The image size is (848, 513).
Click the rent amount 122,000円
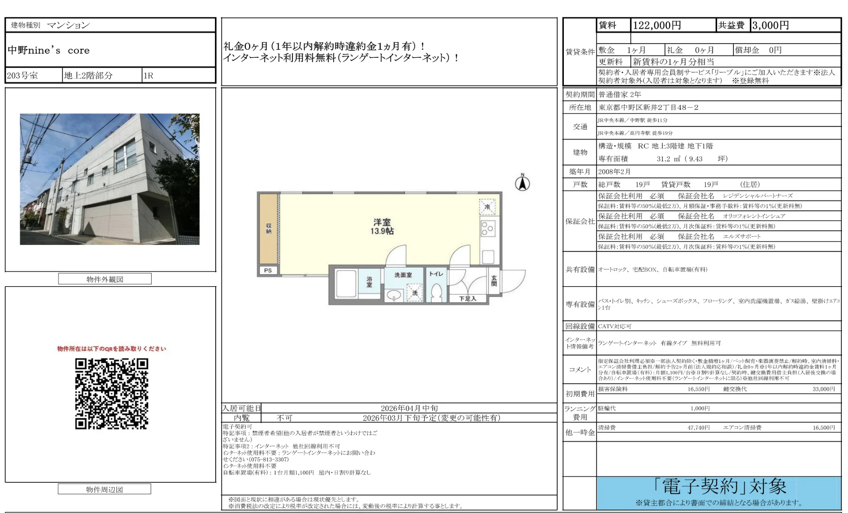(657, 26)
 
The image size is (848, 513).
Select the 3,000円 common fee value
(770, 26)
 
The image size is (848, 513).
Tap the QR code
(111, 394)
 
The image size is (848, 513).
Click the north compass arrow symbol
(522, 183)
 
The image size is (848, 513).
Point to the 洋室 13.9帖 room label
(382, 227)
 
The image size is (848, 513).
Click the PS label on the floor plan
(268, 271)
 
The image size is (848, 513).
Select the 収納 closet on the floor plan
(269, 229)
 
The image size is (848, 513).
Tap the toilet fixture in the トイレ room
(436, 293)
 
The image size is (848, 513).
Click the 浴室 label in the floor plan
(369, 282)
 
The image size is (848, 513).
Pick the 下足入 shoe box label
(468, 299)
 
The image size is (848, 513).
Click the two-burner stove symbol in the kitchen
(488, 229)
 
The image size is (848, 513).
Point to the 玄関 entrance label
(494, 281)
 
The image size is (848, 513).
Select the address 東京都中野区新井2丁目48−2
(648, 108)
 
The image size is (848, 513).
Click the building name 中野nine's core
(49, 51)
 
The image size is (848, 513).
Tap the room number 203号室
(22, 75)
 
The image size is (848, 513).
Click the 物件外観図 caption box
(105, 279)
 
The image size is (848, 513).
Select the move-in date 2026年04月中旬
(409, 408)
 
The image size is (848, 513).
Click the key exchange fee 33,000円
(823, 389)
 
